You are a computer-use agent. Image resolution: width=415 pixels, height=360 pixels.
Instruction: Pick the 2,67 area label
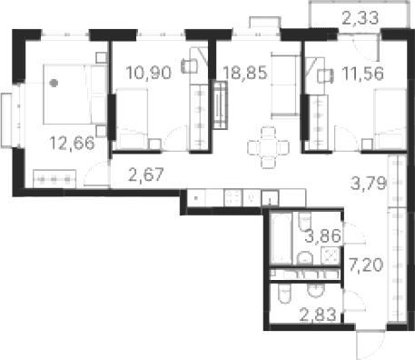pyautogui.click(x=145, y=175)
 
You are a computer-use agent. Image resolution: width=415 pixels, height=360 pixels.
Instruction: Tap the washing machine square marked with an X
pyautogui.click(x=324, y=255)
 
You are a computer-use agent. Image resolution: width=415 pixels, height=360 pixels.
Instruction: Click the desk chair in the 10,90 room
pyautogui.click(x=187, y=65)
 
